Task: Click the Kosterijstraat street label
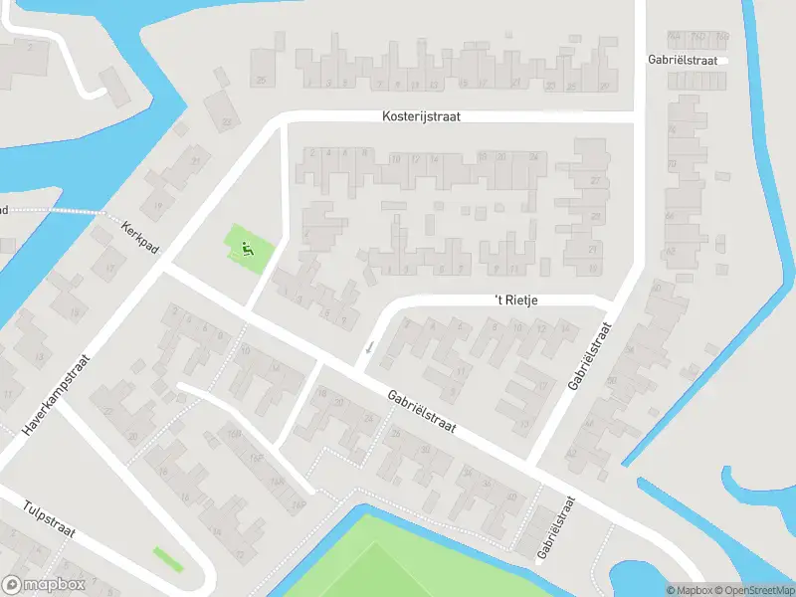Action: (x=422, y=116)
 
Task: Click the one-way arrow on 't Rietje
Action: (x=370, y=347)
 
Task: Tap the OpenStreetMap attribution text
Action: (x=757, y=590)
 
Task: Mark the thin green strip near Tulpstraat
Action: (x=168, y=558)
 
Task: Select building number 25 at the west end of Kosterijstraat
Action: (x=262, y=80)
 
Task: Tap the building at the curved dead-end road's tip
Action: (x=115, y=85)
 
